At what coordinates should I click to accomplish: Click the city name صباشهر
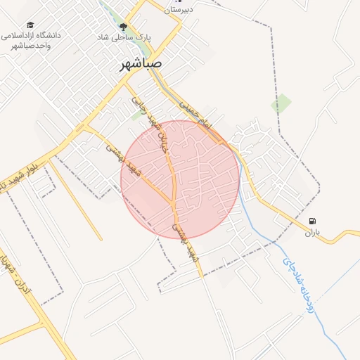[x=141, y=63]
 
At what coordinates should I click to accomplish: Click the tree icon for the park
[x=124, y=27]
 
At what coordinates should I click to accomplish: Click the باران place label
[x=311, y=232]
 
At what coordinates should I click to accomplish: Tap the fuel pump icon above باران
[x=311, y=220]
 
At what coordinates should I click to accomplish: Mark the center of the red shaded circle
[x=181, y=179]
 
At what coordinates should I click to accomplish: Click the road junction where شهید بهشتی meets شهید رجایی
[x=174, y=202]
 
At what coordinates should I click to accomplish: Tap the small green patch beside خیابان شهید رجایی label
[x=136, y=116]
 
